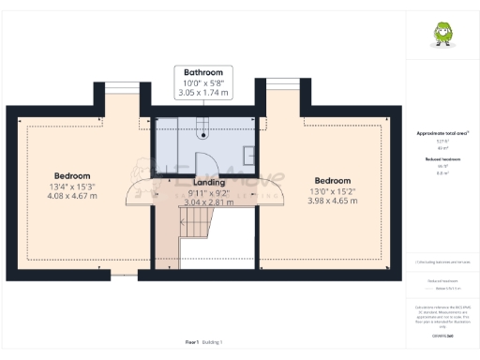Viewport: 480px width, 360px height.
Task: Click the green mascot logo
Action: tap(441, 35)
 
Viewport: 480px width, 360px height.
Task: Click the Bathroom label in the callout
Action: tap(203, 72)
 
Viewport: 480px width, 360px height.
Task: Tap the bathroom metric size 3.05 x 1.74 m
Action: tap(203, 94)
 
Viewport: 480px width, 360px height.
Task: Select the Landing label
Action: tap(208, 182)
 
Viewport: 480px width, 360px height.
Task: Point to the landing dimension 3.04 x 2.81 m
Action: tap(208, 202)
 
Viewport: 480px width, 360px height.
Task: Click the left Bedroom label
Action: tap(71, 175)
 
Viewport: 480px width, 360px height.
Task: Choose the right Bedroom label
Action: tap(332, 181)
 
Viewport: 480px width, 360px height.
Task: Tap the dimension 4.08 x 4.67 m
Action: tap(71, 197)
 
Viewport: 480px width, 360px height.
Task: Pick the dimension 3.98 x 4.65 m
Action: tap(332, 202)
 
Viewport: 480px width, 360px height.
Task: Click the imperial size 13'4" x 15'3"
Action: tap(71, 187)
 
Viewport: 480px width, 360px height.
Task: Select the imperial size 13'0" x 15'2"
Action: tap(332, 191)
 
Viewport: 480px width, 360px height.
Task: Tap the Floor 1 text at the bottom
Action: tap(191, 343)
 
